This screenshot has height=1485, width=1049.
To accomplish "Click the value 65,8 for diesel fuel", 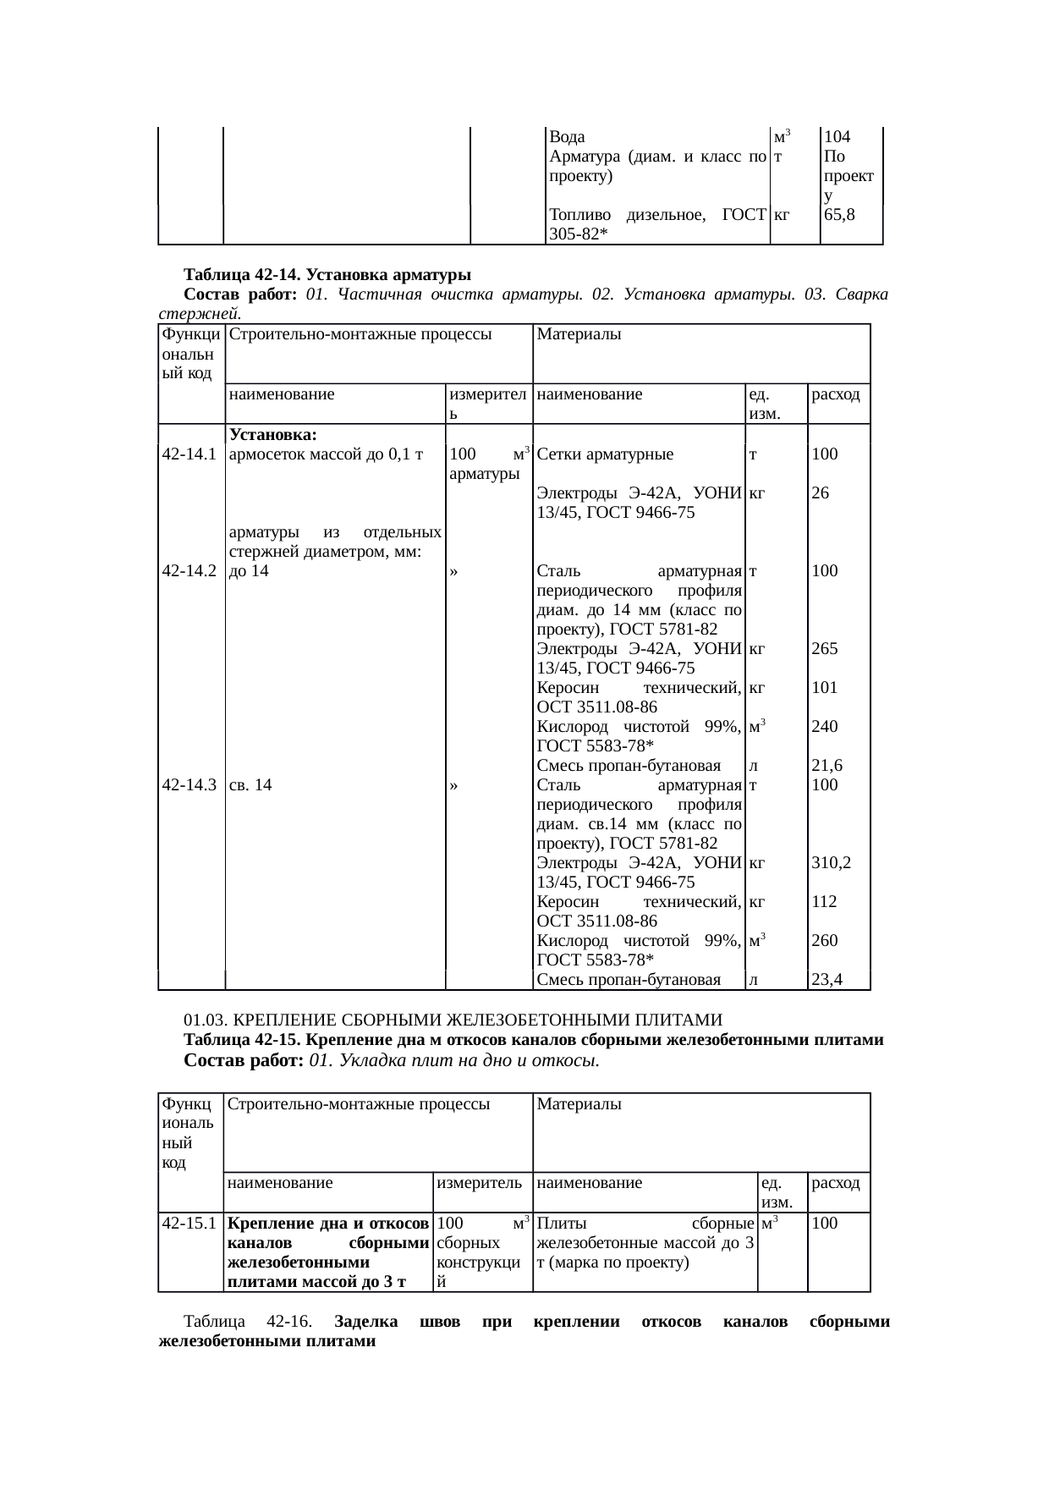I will pyautogui.click(x=839, y=216).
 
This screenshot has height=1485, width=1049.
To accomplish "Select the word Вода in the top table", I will pyautogui.click(x=564, y=137).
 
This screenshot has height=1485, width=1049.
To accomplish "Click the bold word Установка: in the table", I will pyautogui.click(x=272, y=436).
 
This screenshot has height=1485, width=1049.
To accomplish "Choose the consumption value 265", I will pyautogui.click(x=824, y=649).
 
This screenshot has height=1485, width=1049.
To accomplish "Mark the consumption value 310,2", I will pyautogui.click(x=831, y=863).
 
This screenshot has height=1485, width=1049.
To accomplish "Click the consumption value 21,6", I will pyautogui.click(x=826, y=766).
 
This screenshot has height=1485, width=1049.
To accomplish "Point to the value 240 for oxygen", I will pyautogui.click(x=824, y=727).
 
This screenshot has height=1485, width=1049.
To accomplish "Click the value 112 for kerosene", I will pyautogui.click(x=824, y=902).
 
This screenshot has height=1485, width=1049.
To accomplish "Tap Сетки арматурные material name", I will pyautogui.click(x=605, y=454).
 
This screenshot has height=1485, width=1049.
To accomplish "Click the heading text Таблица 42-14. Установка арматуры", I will pyautogui.click(x=327, y=275).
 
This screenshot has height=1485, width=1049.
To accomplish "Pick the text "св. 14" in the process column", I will pyautogui.click(x=250, y=785).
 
